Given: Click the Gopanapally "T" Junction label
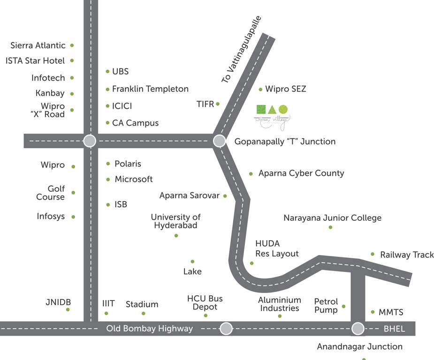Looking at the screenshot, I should (285, 142).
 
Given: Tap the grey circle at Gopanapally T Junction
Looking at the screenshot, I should (219, 141).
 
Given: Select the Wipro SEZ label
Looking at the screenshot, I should (285, 89).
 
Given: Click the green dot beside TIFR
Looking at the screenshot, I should (218, 104).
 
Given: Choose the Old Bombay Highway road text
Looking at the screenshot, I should (149, 329).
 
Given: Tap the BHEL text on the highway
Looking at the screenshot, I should (394, 329).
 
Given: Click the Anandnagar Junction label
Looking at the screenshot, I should (359, 347).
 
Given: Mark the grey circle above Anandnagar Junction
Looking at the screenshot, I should (358, 328).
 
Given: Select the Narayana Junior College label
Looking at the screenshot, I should (332, 218).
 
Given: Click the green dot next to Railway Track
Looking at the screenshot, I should (373, 254).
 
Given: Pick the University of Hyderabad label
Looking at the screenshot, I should (175, 221).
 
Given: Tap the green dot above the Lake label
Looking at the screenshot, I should (192, 262).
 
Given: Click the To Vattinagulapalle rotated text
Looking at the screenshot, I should (241, 50).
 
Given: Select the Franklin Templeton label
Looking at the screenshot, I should (150, 89).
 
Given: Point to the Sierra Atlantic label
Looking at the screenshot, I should (38, 45).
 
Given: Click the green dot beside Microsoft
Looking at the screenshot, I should (108, 180).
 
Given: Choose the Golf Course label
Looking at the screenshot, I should (51, 193).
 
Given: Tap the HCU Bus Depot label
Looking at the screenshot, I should (205, 303).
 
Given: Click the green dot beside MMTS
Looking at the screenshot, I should (373, 312).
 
